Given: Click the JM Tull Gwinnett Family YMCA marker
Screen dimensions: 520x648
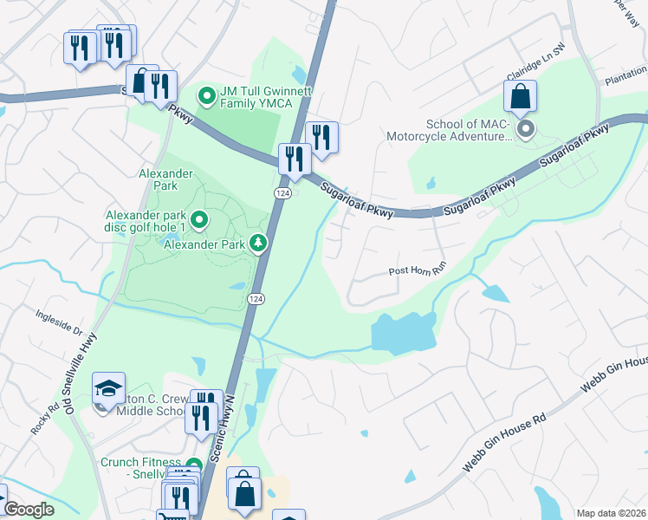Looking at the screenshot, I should (206, 95).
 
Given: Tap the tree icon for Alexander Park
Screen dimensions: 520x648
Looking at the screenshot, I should (257, 244).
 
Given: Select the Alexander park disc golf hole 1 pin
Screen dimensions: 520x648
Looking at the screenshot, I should (199, 220).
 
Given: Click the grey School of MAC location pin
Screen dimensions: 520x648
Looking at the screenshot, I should (525, 130).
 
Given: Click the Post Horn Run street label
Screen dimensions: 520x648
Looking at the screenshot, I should (416, 271).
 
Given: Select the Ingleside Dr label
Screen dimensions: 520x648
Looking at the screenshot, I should (59, 322).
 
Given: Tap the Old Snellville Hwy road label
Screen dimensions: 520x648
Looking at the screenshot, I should (82, 374).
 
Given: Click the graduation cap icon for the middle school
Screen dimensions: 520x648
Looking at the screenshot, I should (109, 389).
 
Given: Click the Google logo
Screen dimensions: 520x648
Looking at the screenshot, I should (29, 510).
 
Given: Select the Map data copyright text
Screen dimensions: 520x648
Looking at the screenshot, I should (611, 512).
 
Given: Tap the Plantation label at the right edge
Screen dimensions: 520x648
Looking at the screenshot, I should (625, 81).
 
